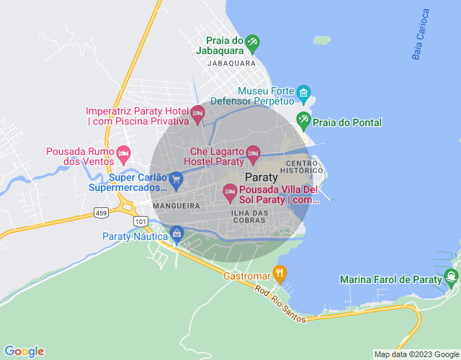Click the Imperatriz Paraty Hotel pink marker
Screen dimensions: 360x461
pos(197,113)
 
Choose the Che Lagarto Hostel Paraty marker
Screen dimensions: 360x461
pos(252,153)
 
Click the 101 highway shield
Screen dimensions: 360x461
pos(141,220)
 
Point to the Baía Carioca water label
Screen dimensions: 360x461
pos(421,34)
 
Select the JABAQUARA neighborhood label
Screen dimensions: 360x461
pos(231,63)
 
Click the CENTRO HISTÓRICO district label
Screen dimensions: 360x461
pos(312,168)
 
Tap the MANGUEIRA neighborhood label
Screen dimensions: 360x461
pos(175,206)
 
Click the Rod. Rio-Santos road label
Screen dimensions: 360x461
pos(279,301)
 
